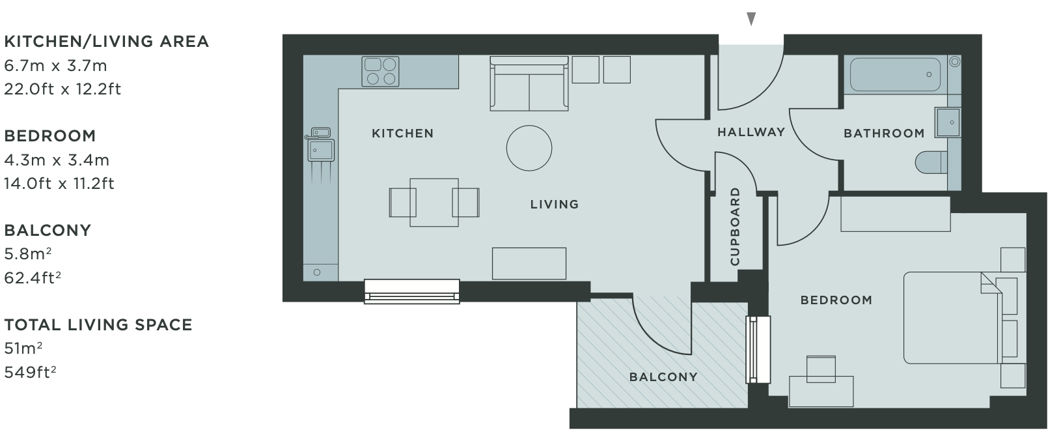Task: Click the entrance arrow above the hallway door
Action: tap(751, 19)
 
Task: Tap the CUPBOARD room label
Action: tap(735, 226)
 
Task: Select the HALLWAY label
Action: tap(751, 132)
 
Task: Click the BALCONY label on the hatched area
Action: tap(663, 377)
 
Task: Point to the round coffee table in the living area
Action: tap(529, 148)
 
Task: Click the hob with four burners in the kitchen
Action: tap(380, 72)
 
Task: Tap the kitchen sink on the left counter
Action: tap(321, 145)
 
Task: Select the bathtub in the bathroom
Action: tap(895, 74)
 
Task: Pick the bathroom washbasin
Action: tap(948, 122)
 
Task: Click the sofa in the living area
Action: tap(529, 83)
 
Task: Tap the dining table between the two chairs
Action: tap(434, 203)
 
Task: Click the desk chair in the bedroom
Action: tap(821, 369)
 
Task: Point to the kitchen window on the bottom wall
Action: tap(411, 291)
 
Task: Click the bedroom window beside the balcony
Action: tap(758, 350)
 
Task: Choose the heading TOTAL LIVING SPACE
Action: tap(98, 325)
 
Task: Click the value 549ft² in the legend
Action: tap(30, 372)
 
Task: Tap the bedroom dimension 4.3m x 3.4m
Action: tap(57, 160)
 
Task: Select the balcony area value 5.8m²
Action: tap(27, 254)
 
